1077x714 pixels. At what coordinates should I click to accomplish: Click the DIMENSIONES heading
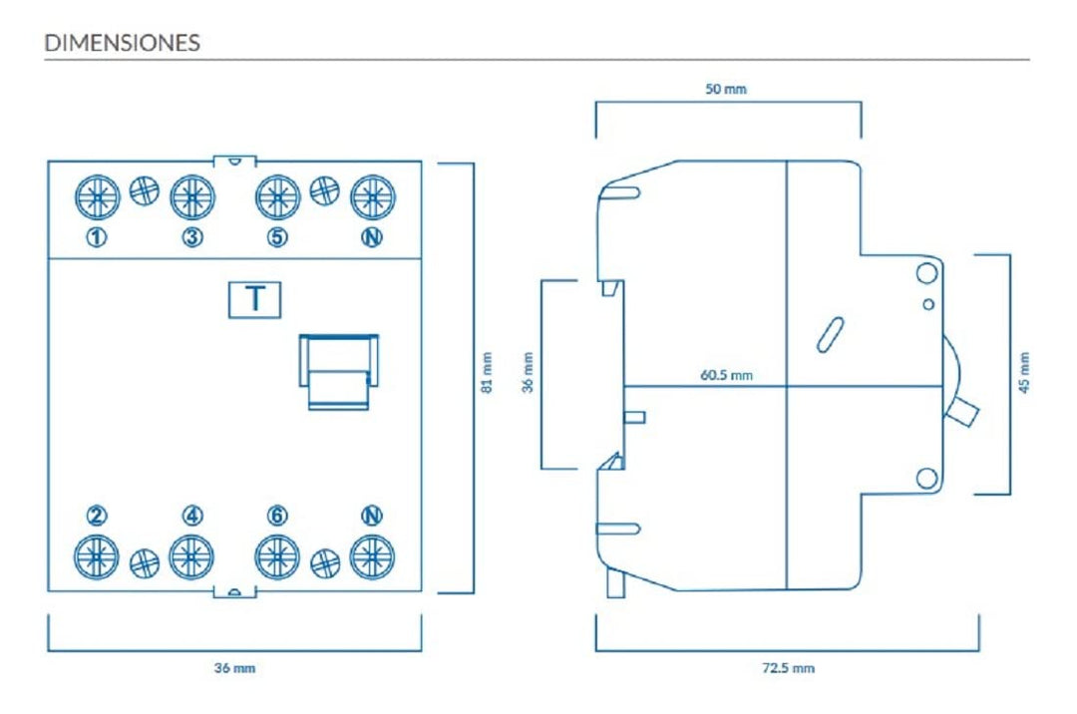point(123,43)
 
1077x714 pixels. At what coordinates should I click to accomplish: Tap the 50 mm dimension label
point(726,89)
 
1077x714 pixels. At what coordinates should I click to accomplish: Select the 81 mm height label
point(487,373)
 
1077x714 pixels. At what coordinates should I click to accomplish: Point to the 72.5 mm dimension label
point(789,667)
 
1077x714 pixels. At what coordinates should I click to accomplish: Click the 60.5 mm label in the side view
point(727,375)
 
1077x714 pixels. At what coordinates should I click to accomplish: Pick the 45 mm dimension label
point(1024,373)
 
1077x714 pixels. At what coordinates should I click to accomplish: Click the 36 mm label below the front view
point(235,667)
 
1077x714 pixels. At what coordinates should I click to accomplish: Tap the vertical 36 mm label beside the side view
point(528,373)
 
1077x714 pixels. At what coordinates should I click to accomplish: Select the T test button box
point(255,300)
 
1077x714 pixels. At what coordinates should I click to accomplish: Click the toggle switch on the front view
point(339,371)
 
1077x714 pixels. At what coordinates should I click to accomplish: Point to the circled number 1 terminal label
point(97,237)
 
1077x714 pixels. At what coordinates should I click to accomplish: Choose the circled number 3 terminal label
point(192,237)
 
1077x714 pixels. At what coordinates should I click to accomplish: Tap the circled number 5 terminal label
point(277,237)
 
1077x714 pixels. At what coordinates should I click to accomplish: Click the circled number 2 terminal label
point(97,516)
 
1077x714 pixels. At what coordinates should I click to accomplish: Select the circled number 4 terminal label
point(192,516)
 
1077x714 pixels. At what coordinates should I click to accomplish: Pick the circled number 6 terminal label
point(277,516)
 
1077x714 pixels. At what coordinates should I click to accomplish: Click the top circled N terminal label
point(372,237)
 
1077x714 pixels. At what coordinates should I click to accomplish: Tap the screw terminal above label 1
point(98,197)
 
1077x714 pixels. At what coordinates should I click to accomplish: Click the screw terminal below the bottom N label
point(372,556)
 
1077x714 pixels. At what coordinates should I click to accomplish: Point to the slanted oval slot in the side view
point(830,335)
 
